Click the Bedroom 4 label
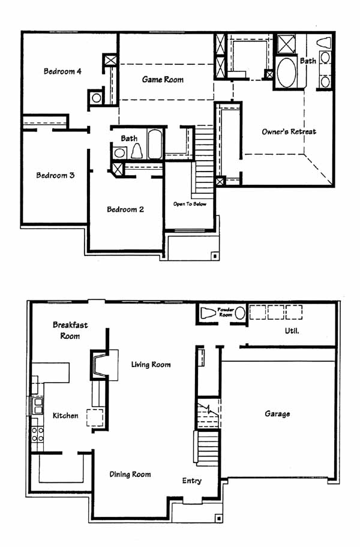[62, 71]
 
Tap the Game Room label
[163, 80]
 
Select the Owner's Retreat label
[289, 131]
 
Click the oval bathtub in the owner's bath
[287, 72]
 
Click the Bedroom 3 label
[55, 175]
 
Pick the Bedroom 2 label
[125, 209]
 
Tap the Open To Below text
[190, 204]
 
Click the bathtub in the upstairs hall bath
[154, 145]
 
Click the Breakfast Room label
[70, 330]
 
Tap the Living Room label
[151, 365]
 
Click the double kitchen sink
[37, 405]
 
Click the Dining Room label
[130, 474]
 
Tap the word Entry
[192, 480]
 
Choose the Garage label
[277, 414]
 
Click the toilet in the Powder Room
[208, 313]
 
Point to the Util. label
[292, 330]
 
